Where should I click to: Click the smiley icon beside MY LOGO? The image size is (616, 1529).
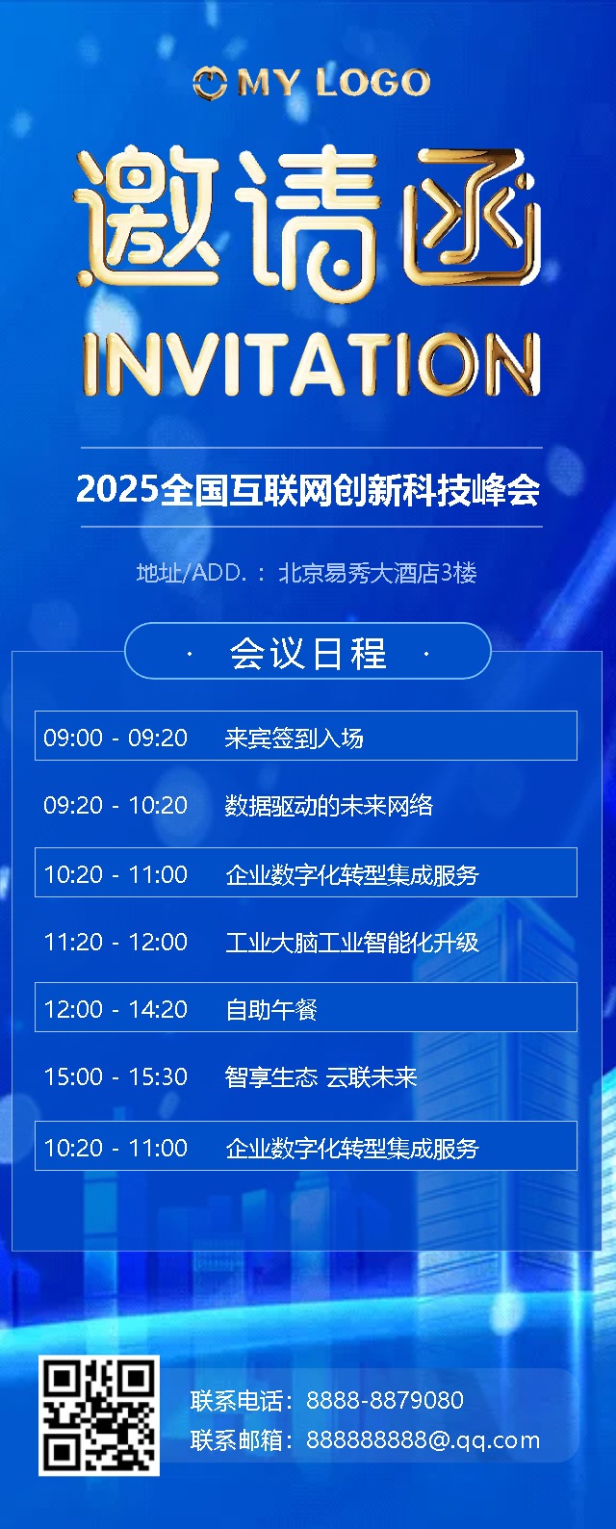[210, 83]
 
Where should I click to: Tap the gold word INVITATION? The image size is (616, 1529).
[312, 364]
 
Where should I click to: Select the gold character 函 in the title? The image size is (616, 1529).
[472, 217]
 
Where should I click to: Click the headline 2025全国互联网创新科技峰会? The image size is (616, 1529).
[308, 489]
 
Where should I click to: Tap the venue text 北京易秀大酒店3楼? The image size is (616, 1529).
[377, 573]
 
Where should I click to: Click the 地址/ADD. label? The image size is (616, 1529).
[191, 573]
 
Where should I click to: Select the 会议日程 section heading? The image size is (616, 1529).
[308, 653]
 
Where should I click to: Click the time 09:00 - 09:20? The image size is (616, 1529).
[115, 738]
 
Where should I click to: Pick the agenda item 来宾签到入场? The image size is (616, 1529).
[294, 738]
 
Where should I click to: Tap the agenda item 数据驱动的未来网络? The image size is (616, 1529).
[329, 806]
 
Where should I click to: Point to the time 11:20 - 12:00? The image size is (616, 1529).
[115, 942]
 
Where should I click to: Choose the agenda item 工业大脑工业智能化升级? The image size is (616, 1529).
[352, 943]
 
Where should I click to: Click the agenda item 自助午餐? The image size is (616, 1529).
[270, 1010]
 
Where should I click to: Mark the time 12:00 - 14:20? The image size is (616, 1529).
[115, 1009]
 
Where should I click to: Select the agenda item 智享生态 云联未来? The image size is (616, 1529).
[321, 1077]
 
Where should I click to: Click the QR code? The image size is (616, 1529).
[98, 1415]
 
